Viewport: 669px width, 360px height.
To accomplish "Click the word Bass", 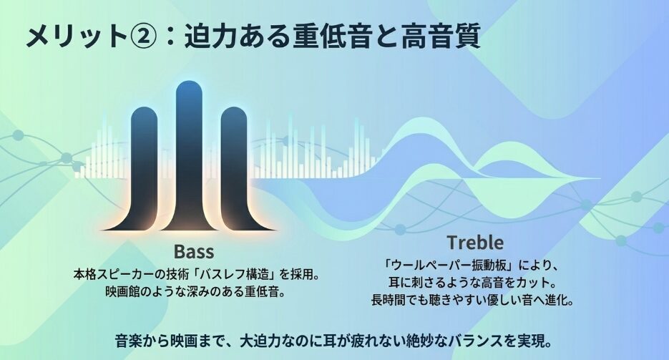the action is coord(194,251).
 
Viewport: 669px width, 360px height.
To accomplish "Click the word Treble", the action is coord(475,243).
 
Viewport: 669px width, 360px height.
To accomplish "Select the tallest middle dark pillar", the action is coord(189,156).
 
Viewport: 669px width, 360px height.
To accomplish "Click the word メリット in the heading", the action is coord(76,36).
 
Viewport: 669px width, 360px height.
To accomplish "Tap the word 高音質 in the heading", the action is coord(440,36).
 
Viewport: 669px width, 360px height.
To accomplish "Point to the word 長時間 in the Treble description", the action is coord(389,300).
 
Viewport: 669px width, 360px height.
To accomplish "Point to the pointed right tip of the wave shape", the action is coord(600,178).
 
